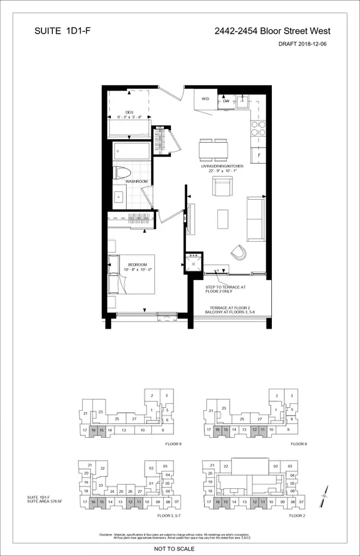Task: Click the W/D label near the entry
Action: (x=205, y=99)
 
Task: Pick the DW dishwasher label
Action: (x=226, y=101)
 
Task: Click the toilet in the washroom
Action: (x=122, y=172)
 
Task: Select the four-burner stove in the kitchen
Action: (x=258, y=129)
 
